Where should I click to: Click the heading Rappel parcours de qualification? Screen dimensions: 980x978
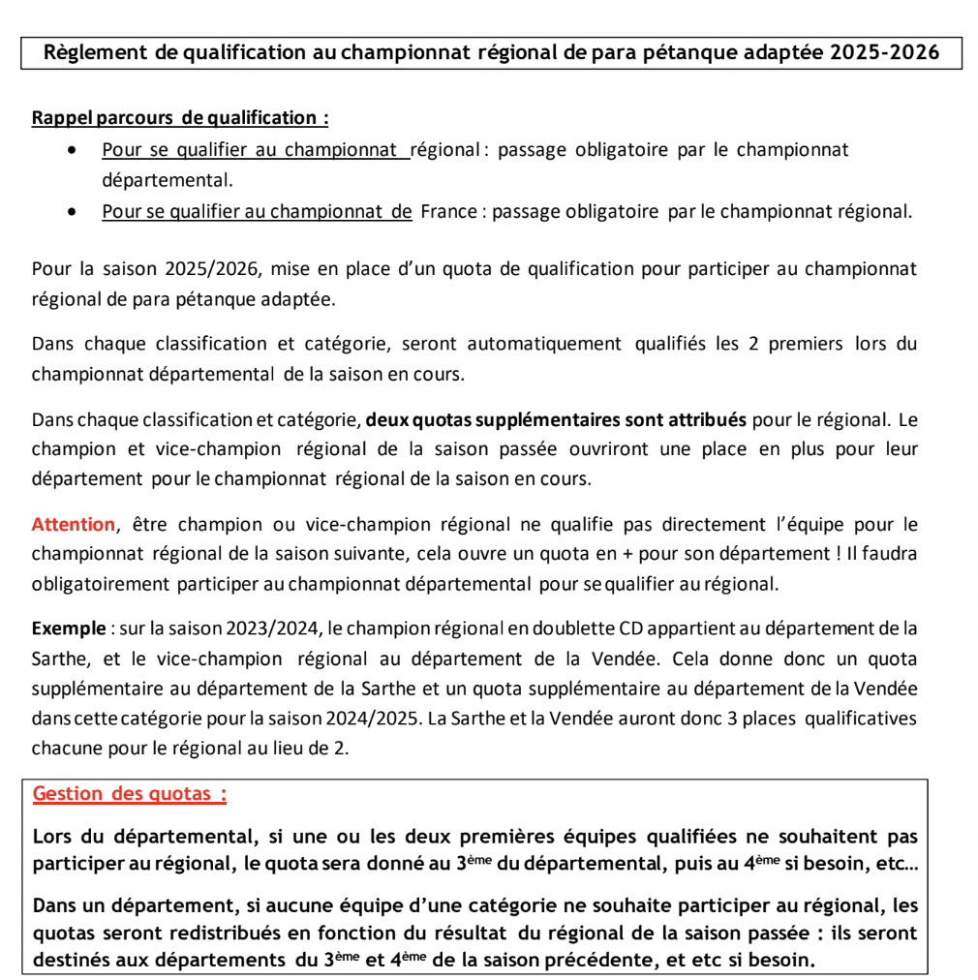point(179,118)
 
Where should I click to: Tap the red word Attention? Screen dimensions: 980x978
point(74,525)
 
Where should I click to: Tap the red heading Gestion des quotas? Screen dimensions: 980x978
point(130,794)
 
